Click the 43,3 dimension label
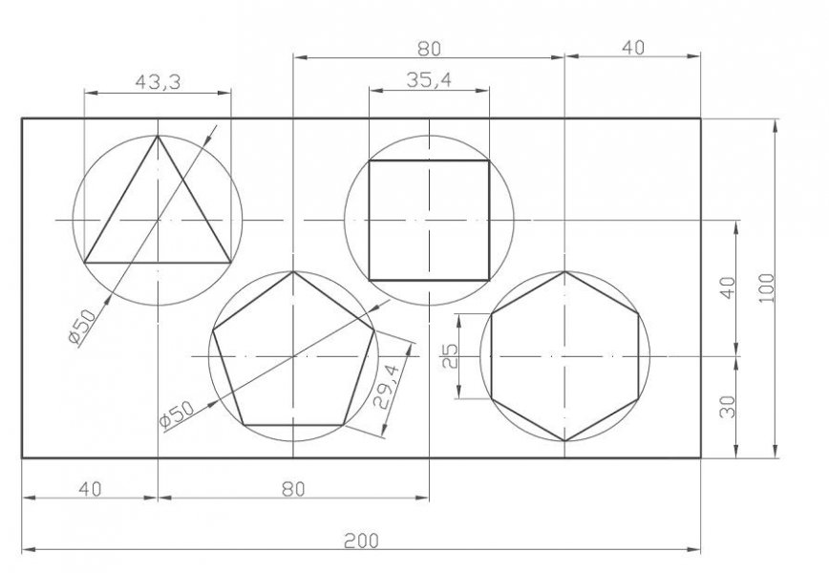pos(158,83)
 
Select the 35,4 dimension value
pos(429,81)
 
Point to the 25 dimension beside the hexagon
pos(452,356)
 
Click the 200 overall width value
pos(361,541)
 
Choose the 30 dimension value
pos(727,407)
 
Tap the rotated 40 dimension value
pos(727,287)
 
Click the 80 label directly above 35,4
pos(429,48)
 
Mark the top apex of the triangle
pos(158,136)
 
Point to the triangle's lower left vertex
pos(85,261)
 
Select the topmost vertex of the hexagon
pos(565,271)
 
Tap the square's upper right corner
pos(489,160)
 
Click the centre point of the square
pos(429,220)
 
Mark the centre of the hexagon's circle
pos(565,355)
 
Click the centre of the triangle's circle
pos(158,220)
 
